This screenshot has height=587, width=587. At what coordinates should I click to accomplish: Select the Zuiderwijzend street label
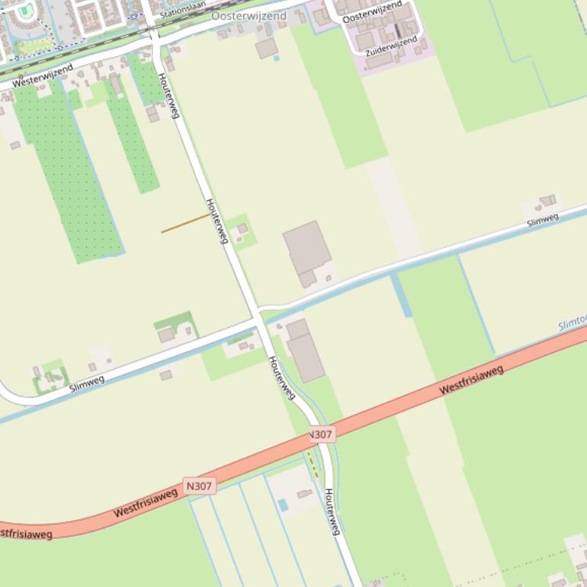[392, 46]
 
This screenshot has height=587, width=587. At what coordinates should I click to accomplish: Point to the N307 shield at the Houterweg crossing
[322, 435]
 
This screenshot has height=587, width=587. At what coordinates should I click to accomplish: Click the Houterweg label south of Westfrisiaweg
[331, 512]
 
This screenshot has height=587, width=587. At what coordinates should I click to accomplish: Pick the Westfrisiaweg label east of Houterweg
[472, 379]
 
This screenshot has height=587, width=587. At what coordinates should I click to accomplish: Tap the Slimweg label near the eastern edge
[543, 220]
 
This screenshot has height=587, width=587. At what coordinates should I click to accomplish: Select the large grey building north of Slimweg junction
[306, 249]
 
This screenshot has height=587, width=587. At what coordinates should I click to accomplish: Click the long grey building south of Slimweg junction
[305, 352]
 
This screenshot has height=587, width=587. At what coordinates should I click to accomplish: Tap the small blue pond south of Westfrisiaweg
[284, 505]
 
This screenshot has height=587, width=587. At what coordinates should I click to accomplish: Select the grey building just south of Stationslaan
[266, 49]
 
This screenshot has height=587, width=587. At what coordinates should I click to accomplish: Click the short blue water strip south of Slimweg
[402, 296]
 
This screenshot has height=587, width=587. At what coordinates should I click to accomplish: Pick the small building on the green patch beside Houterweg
[242, 229]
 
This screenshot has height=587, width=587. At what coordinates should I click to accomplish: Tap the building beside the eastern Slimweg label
[547, 202]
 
